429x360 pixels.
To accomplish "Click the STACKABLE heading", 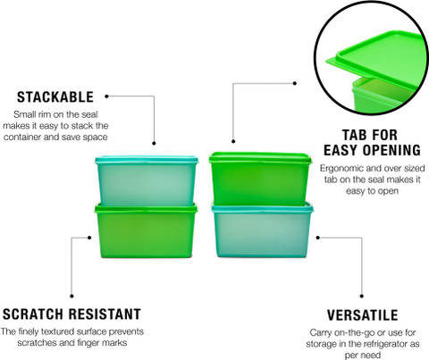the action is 55,97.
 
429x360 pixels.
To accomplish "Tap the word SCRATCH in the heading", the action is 33,314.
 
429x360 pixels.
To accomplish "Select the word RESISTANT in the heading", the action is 105,314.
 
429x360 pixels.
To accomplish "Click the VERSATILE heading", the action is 362,315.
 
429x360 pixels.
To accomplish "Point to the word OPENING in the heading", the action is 391,150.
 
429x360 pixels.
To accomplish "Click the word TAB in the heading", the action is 355,135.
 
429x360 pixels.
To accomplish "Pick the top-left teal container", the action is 147,180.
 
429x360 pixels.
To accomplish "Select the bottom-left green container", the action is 146,230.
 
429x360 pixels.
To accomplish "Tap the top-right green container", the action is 260,178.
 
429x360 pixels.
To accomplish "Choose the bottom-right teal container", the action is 262,230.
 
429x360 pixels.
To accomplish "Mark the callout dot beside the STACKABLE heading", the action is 106,96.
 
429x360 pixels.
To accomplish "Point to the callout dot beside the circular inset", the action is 295,83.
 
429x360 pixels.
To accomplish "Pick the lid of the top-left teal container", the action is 147,160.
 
